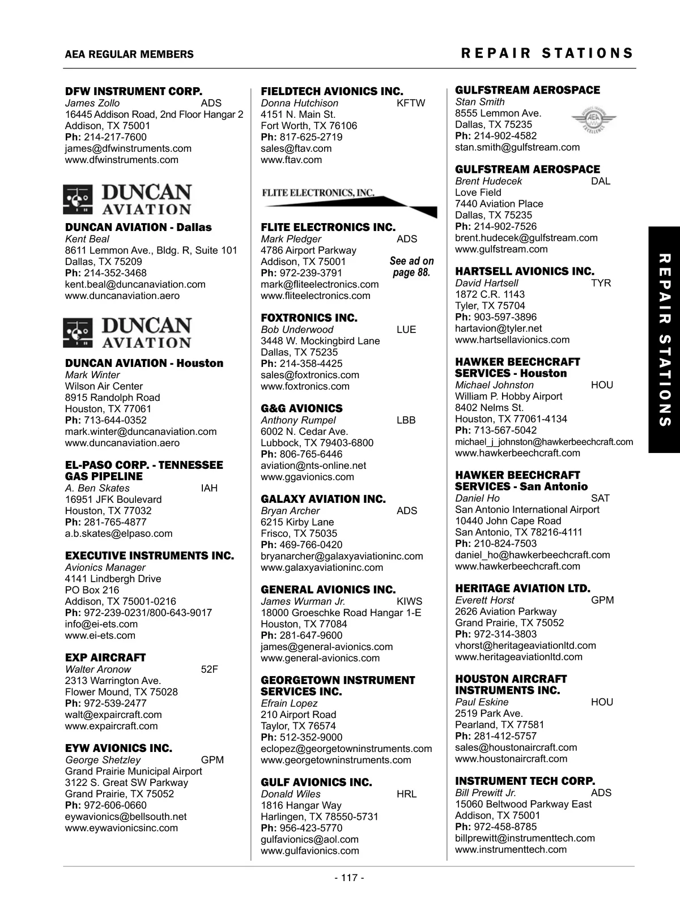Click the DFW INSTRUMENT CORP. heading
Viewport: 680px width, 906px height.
click(134, 91)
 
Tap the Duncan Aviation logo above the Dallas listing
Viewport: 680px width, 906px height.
click(127, 199)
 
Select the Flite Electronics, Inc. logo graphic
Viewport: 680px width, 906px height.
click(348, 201)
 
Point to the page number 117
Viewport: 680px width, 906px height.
click(349, 878)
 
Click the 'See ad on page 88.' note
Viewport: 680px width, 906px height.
click(411, 267)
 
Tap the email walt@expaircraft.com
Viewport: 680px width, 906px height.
click(113, 715)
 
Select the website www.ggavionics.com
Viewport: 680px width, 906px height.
click(307, 477)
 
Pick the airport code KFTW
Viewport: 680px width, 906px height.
click(411, 103)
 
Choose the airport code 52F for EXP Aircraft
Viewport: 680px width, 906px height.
click(209, 669)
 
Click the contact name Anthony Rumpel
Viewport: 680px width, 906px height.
click(298, 420)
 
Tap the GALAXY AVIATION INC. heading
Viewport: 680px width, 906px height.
click(323, 499)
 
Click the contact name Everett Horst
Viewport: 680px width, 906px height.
click(484, 600)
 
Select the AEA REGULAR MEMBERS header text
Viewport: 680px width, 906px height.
click(129, 54)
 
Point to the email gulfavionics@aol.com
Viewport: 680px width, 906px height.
click(309, 839)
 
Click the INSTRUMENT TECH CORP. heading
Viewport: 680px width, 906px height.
click(525, 781)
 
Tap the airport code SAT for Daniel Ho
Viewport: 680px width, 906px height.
click(600, 498)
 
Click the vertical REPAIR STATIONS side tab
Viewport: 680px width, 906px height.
click(664, 340)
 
